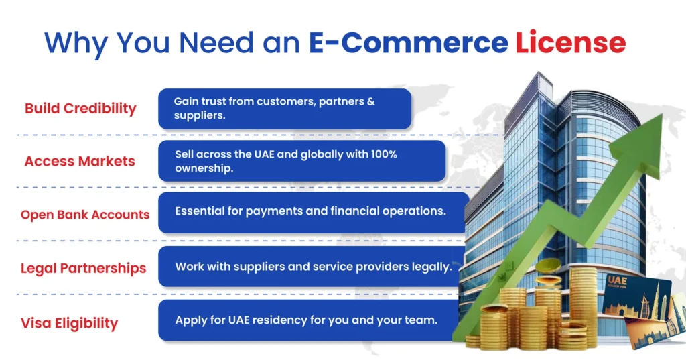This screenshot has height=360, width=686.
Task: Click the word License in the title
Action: [570, 43]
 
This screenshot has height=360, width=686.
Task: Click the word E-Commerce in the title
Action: [408, 43]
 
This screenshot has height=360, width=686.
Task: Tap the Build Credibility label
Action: [80, 109]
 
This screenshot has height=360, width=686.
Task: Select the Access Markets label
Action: [80, 162]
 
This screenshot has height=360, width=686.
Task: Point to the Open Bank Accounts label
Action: [85, 215]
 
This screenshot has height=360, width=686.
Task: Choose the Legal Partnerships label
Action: [83, 269]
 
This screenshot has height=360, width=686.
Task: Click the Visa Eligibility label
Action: [69, 323]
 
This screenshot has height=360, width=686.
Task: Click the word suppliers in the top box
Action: [198, 115]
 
